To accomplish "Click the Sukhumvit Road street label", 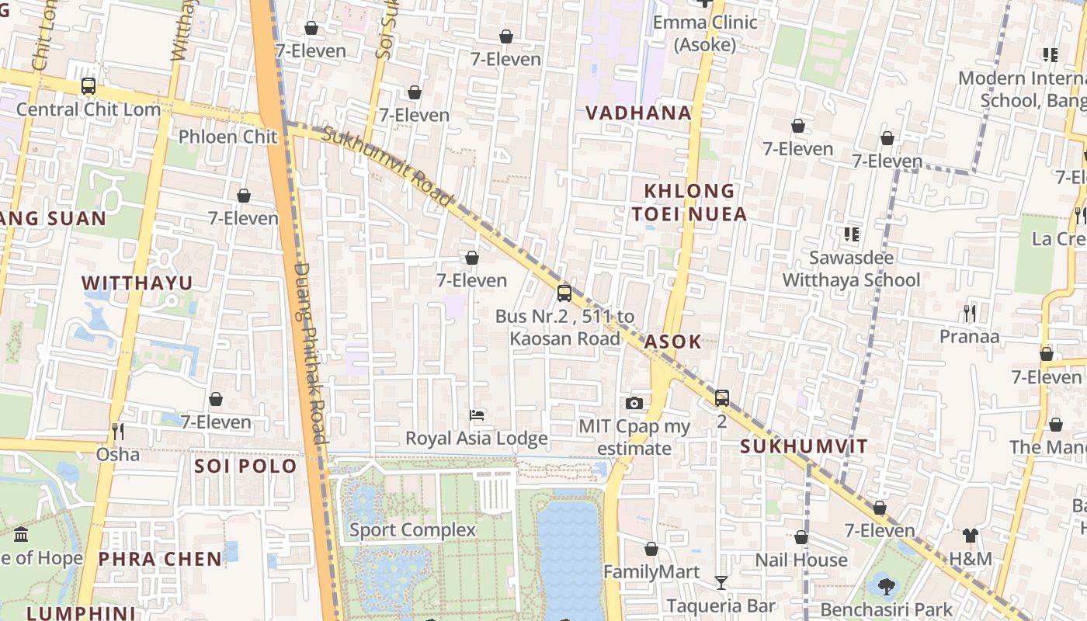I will (386, 167).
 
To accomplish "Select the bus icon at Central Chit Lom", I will (89, 86).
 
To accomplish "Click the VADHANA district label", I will (638, 113).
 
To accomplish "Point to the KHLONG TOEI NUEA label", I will (689, 202).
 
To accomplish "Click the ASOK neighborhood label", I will (672, 342).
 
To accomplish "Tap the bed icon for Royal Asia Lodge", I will (477, 415).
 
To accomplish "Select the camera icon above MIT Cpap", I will (634, 403).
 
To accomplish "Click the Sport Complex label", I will (412, 530).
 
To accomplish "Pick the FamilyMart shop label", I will (651, 572).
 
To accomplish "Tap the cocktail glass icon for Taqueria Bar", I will (721, 583).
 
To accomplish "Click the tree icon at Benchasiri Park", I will (884, 585).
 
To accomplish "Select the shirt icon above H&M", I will (971, 535).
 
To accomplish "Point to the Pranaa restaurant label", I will (969, 337).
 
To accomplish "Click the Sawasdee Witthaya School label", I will (851, 269).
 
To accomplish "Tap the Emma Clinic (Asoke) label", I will (704, 33).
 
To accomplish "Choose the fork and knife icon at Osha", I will (118, 431).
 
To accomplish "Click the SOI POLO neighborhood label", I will (245, 467).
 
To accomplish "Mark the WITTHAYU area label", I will (137, 283).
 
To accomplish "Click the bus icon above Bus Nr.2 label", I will (564, 293).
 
